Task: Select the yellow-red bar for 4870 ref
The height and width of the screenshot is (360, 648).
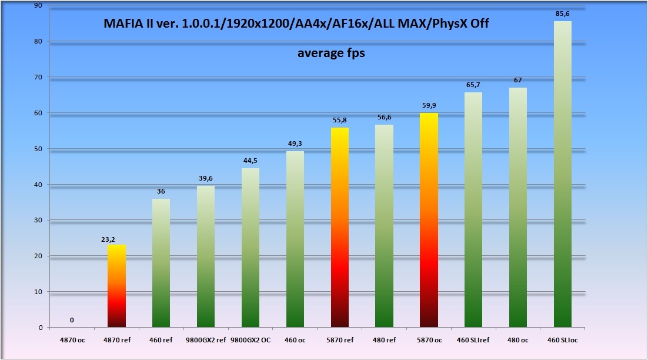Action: click(116, 286)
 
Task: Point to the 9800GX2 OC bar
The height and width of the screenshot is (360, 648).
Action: click(250, 248)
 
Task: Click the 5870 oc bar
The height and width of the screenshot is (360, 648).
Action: click(429, 220)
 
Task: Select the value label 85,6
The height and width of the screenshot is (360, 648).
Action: click(563, 13)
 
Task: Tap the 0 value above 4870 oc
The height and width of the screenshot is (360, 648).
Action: click(72, 321)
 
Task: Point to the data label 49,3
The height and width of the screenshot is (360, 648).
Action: click(295, 144)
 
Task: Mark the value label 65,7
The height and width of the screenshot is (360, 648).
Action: click(473, 85)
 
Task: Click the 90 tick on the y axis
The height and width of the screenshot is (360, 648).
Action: click(38, 5)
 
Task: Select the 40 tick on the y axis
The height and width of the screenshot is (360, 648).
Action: click(38, 185)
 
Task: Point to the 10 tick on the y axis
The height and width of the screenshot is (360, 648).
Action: click(38, 292)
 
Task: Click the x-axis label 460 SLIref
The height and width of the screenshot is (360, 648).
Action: click(473, 339)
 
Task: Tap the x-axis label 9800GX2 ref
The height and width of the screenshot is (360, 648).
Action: click(206, 339)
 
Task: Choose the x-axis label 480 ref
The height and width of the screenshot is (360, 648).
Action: click(384, 339)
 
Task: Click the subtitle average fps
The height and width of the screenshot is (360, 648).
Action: click(331, 53)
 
